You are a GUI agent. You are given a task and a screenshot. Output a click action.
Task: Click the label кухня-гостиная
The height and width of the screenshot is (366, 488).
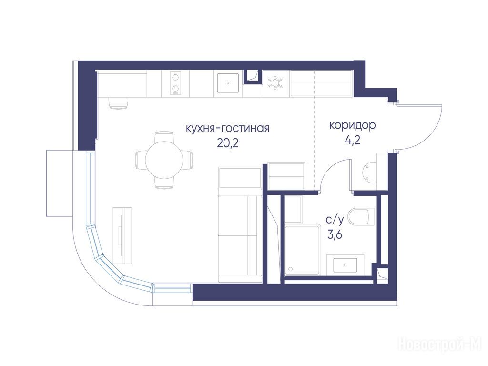point(227,128)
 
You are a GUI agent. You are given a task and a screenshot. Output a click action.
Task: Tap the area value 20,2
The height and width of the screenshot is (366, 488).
point(228,143)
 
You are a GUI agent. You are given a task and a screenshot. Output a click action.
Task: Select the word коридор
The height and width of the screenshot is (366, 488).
point(353,126)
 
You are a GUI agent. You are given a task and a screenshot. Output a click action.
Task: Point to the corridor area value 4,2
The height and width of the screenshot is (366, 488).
point(353,141)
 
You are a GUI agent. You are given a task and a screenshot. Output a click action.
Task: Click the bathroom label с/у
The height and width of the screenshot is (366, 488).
point(335,220)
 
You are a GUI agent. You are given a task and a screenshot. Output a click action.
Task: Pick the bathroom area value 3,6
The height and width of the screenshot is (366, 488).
point(335,234)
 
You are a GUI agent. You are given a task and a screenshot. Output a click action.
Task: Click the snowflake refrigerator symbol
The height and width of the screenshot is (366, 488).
point(275,83)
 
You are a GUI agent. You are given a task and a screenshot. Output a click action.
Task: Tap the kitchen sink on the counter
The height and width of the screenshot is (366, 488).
point(228,83)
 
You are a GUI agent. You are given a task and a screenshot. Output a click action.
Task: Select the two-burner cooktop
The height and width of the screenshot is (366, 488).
point(175,83)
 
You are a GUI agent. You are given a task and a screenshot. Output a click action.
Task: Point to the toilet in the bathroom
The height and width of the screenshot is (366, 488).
point(361,217)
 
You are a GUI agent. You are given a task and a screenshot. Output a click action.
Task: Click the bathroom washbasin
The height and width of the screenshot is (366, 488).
point(346,265)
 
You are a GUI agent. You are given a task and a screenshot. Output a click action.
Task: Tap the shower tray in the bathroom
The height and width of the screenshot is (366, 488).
point(302,251)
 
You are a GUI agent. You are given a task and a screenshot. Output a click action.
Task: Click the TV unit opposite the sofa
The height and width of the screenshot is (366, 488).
point(122,235)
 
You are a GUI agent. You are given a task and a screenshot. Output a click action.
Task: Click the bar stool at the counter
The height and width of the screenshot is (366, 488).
point(119,103)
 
